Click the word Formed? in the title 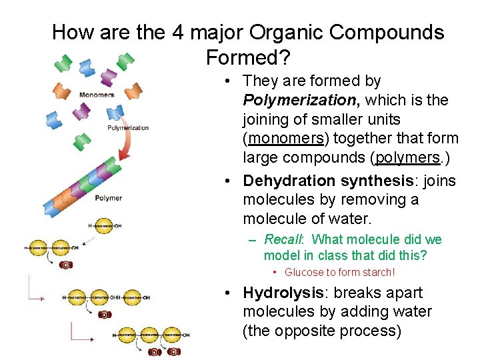(248, 58)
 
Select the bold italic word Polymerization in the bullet (299, 100)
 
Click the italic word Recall (283, 239)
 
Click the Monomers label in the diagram (96, 95)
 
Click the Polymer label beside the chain (108, 197)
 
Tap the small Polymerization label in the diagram (128, 127)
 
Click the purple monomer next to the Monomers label (81, 111)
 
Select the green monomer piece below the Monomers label (82, 141)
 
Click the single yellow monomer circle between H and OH (103, 226)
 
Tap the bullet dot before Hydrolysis (228, 293)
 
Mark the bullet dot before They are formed (228, 81)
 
